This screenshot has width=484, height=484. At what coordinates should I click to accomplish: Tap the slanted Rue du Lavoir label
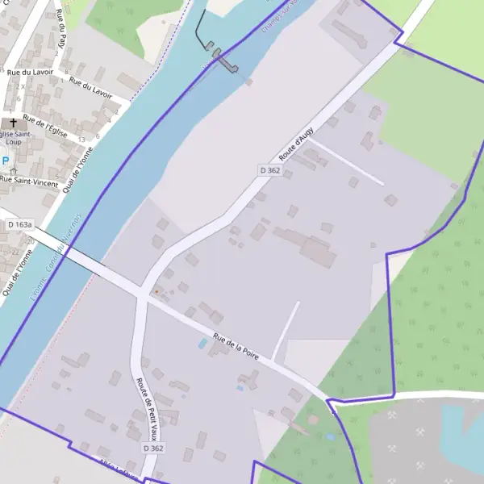[x=90, y=87]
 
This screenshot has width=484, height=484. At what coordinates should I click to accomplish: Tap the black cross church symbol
[x=14, y=123]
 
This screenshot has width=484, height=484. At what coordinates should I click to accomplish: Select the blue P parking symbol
[x=5, y=161]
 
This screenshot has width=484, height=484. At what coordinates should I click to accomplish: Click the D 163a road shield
[x=19, y=224]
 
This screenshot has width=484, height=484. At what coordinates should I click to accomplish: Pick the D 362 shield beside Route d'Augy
[x=269, y=170]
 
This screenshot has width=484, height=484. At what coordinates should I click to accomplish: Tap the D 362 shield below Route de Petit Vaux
[x=153, y=448]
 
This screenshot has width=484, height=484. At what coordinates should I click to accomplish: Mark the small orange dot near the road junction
[x=156, y=291]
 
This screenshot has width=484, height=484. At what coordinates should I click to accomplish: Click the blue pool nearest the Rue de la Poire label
[x=202, y=344]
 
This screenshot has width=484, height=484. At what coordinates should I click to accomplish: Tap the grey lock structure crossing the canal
[x=225, y=64]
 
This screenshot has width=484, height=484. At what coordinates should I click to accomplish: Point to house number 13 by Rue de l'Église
[x=81, y=140]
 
